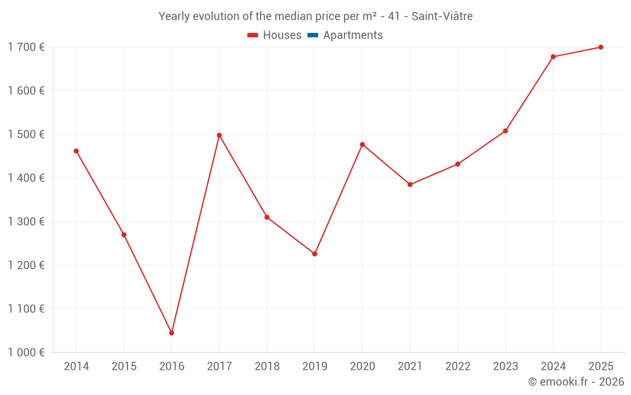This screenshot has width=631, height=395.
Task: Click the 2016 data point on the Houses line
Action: click(172, 332)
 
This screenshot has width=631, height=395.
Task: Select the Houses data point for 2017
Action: click(219, 135)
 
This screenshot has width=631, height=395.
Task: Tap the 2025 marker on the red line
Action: click(601, 47)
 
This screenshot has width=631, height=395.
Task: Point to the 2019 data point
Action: click(315, 254)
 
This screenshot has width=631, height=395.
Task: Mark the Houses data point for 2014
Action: click(76, 151)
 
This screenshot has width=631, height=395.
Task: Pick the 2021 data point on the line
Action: click(410, 185)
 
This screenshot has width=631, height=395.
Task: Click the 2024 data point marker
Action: click(553, 57)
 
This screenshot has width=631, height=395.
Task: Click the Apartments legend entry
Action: click(353, 35)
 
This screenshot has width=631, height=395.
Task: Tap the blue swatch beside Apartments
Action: click(312, 35)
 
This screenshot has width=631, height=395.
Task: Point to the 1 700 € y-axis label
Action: click(26, 47)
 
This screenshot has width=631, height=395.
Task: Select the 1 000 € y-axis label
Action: click(26, 353)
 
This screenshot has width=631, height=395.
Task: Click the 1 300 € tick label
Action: click(26, 222)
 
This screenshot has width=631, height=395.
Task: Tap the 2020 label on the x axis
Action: click(362, 367)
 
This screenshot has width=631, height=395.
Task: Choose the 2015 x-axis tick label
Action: click(124, 367)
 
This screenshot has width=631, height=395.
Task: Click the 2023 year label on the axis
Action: click(505, 367)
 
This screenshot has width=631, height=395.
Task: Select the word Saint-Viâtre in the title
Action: click(442, 16)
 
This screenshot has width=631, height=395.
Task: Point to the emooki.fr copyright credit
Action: click(576, 382)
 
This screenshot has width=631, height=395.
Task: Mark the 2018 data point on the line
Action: click(267, 217)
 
